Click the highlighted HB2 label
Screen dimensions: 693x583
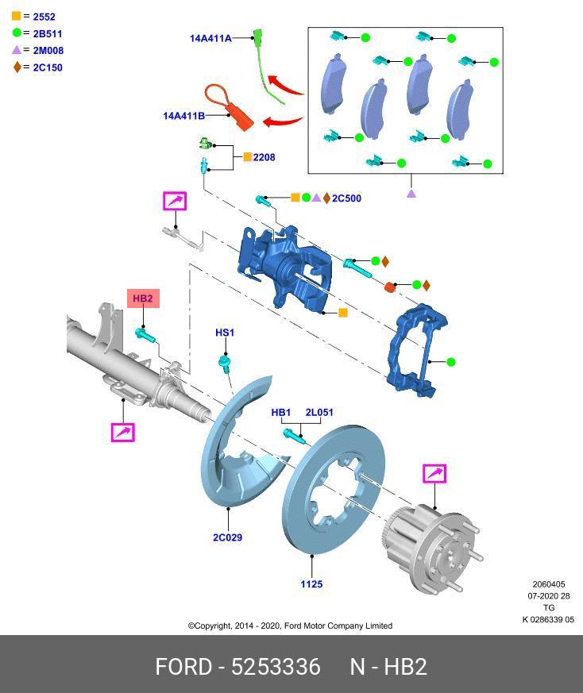coord(143,298)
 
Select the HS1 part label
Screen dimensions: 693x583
coord(225,333)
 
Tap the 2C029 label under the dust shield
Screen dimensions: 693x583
coord(227,537)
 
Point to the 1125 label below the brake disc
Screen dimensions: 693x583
coord(311,584)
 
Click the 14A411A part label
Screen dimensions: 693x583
coord(210,38)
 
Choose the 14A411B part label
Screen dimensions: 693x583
coord(183,116)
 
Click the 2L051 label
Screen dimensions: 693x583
coord(319,413)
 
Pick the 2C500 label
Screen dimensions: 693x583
coord(346,198)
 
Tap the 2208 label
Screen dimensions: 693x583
coord(264,157)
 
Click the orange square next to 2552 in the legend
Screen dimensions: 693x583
coord(16,16)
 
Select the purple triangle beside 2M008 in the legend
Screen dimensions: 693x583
coord(16,50)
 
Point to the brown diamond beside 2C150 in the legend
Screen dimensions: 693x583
coord(17,67)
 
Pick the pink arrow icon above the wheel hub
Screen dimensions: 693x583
coord(435,474)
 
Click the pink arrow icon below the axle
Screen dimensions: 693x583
coord(122,433)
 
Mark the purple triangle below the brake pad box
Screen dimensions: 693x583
coord(411,193)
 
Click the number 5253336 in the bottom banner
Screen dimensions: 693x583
coord(275,666)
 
